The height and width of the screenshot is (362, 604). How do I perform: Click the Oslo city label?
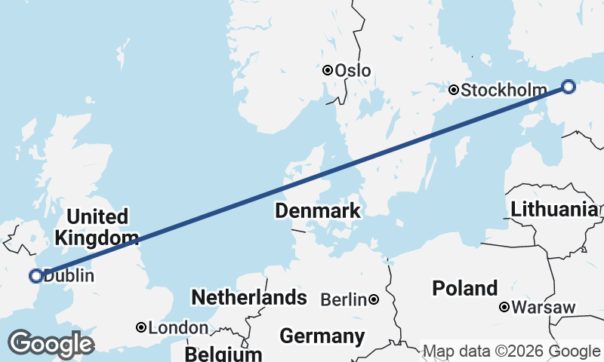point(353,70)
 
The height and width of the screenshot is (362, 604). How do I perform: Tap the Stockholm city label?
point(504,90)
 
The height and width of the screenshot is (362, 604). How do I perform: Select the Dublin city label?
point(69,276)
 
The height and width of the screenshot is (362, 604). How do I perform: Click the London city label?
point(178,328)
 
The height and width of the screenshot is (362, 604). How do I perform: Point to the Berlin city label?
point(344,300)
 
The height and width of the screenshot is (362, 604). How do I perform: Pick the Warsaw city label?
point(544,308)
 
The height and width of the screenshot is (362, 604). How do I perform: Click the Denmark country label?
point(317,211)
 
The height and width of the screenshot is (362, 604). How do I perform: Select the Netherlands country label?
point(249,297)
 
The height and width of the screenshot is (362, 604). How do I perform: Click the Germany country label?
point(322,336)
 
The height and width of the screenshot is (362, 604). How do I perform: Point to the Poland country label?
point(464,288)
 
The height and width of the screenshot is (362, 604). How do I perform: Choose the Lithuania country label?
point(555,210)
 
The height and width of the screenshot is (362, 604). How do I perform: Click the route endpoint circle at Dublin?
point(35,276)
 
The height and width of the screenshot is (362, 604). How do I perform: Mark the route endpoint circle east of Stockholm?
point(569,87)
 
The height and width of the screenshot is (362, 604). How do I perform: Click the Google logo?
point(51,344)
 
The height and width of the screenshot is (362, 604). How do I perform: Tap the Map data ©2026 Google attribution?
point(511,351)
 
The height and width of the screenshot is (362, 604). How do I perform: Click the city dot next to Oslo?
point(328,70)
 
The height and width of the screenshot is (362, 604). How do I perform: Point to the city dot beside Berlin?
point(374,300)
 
